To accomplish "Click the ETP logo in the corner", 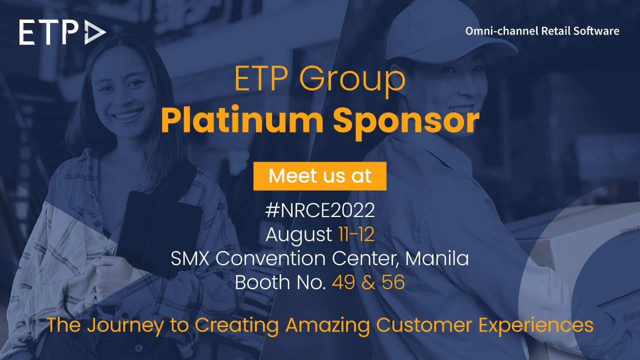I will click(62, 32).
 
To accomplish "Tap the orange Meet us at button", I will click(320, 176).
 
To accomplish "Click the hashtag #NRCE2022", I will click(320, 210).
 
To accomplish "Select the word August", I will click(298, 234).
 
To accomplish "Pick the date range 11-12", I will click(353, 234).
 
